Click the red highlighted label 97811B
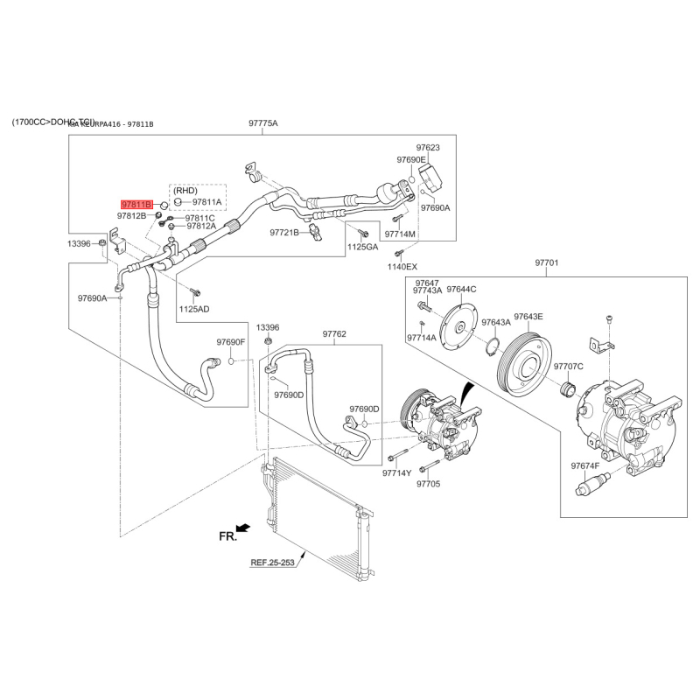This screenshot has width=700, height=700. coord(136,203)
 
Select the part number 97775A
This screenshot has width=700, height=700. coord(262,123)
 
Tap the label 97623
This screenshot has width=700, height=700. coord(428,148)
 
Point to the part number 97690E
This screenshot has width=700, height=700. coord(411,160)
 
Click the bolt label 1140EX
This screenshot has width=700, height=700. coord(402,265)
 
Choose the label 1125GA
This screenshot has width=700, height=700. coord(362,248)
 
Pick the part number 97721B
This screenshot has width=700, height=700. coord(284,233)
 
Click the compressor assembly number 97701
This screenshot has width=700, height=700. coord(546,262)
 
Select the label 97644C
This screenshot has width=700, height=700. coord(461,289)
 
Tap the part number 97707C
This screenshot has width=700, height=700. coord(569,366)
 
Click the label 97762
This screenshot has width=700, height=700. coord(334,333)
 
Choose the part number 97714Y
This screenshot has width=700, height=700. coord(396,472)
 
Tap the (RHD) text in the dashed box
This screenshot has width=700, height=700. coord(185,190)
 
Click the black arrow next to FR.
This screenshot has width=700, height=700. coord(243,528)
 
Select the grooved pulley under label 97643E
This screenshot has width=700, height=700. coord(523,360)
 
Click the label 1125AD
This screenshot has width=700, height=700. coord(195,309)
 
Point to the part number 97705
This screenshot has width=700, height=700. coord(428,483)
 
